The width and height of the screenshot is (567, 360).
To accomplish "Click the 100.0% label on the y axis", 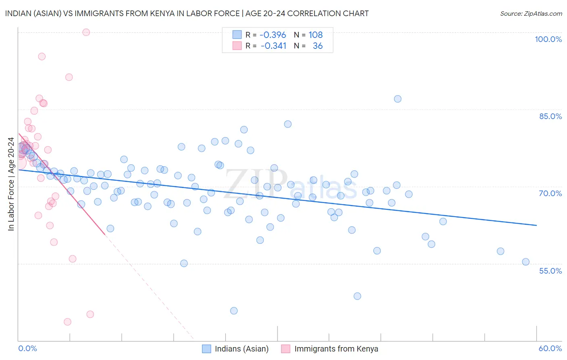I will pos(548,39).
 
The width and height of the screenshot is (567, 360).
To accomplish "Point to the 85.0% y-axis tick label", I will pos(550,116).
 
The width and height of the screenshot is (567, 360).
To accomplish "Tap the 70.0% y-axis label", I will pos(550,193).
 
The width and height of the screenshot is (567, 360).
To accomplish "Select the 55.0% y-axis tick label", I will pos(550,271).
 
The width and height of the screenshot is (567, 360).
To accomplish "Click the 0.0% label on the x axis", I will pos(27,348).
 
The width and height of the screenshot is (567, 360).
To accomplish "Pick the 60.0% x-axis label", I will pos(550,348).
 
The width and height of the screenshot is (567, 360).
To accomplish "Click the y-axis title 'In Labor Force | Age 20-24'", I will pos(11,184).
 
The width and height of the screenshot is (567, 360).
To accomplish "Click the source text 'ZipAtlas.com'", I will pos(543,13).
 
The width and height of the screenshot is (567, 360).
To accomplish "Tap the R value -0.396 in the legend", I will pos(273,35).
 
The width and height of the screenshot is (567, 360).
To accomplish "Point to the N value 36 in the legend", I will pos(318,46).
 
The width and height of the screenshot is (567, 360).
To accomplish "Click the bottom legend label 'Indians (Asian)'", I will pos(242,349).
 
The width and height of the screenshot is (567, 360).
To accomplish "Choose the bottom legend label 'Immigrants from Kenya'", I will pos(336,349).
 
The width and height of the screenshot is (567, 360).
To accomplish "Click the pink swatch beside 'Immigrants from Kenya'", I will pos(286,349).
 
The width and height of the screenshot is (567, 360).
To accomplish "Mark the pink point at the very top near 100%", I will pos(86,32).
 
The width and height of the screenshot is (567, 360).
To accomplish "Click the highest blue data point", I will pos(398,99).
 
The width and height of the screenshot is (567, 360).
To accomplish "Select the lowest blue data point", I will pos(234,311).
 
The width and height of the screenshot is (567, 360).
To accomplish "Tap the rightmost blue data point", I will pos(526,262).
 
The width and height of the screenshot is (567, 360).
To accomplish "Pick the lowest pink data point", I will pos(68,322).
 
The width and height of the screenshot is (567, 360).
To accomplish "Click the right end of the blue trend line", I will pos(536,225).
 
